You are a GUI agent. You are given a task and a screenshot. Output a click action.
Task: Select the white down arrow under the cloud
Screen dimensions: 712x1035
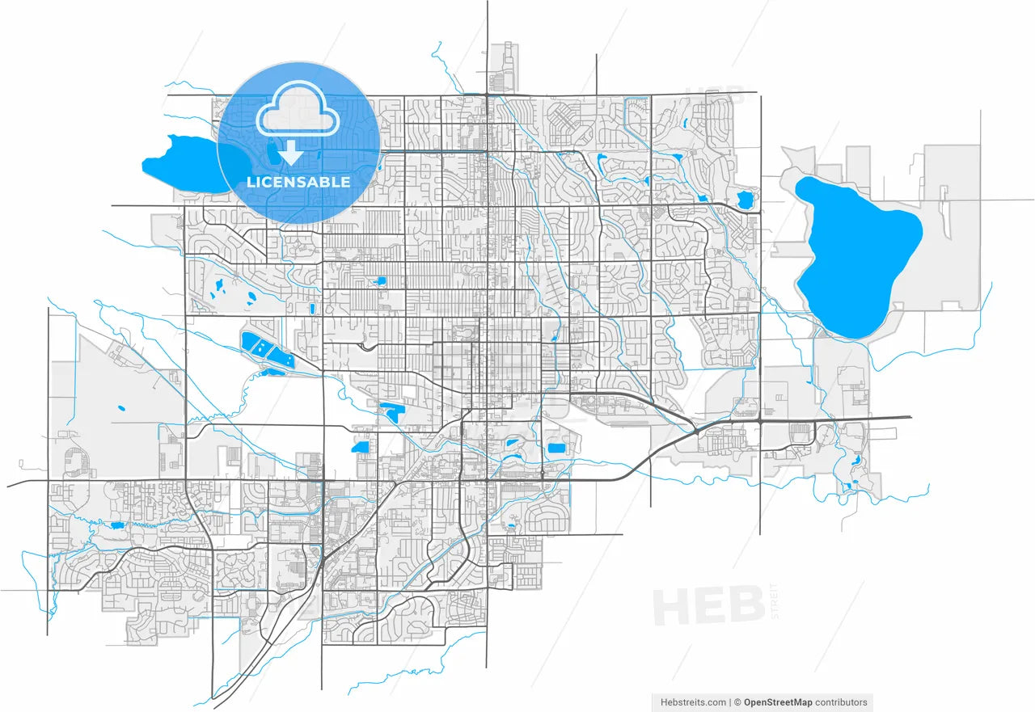point(289,152)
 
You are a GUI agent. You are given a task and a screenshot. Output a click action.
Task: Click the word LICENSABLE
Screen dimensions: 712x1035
point(298,182)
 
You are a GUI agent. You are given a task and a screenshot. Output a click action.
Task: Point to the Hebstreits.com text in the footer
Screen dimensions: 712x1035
point(693,702)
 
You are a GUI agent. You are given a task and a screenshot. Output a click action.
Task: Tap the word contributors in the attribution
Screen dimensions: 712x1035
point(841,702)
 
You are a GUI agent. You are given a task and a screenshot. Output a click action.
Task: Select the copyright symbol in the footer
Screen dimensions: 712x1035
point(737,702)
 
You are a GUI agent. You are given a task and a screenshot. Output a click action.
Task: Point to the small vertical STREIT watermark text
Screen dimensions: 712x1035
point(775,600)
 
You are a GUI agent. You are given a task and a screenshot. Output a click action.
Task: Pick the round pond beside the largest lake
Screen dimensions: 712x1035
point(745,199)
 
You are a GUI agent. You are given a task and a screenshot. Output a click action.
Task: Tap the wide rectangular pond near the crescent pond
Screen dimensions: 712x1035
point(556,448)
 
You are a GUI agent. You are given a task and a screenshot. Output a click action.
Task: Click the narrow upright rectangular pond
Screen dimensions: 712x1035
point(312,308)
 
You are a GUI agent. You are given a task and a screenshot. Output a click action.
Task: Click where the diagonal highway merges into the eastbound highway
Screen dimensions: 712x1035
point(697,432)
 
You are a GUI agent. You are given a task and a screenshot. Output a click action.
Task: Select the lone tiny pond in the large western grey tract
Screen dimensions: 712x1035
point(120,407)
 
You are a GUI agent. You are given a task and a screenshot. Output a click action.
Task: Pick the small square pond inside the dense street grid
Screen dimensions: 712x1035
point(381,280)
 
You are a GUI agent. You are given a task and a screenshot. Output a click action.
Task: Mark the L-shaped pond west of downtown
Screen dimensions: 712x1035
point(391,413)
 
